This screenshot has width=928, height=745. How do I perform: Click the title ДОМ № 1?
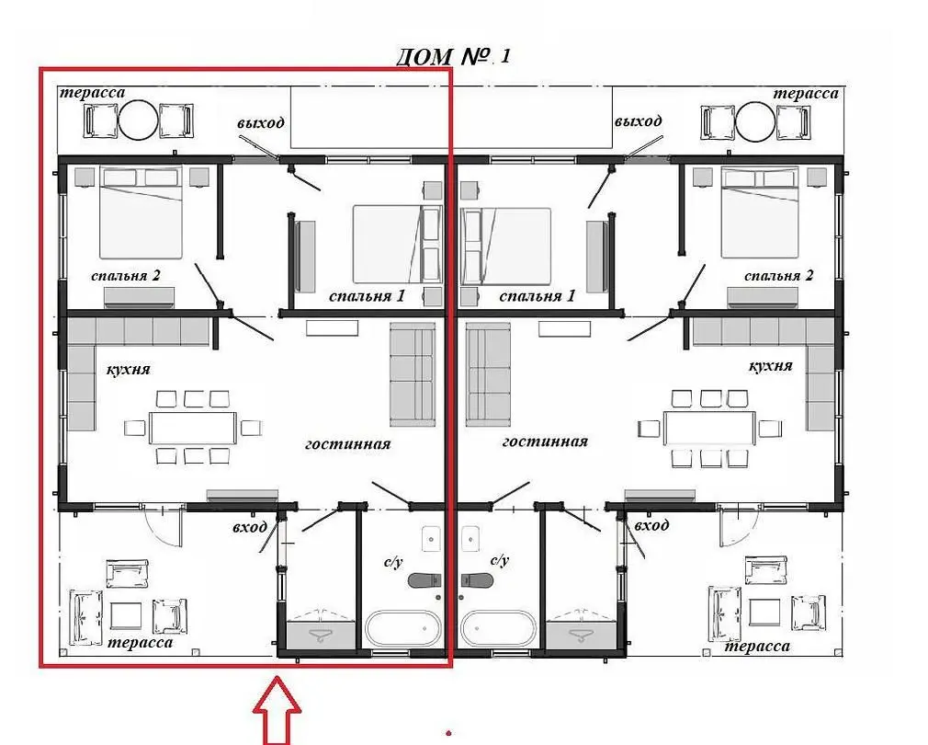452,56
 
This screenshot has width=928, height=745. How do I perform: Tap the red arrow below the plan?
277,711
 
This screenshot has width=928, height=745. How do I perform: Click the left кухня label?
128,370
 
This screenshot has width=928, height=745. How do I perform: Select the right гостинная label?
545,441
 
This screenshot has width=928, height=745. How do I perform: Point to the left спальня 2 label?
126,276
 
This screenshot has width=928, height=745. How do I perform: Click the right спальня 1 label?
537,295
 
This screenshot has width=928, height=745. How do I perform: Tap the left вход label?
250,527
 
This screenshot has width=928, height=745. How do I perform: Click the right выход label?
638,120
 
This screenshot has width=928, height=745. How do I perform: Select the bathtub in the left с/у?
402,628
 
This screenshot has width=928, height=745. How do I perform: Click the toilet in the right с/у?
477,579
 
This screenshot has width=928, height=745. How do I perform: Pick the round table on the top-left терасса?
138,120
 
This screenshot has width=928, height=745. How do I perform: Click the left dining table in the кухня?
193,428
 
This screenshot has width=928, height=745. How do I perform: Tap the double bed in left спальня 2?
141,212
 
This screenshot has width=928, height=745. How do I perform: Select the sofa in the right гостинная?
488,374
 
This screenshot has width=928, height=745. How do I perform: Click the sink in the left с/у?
430,538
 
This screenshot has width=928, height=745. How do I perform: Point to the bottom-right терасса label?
757,646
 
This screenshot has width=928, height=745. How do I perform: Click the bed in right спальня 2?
760,212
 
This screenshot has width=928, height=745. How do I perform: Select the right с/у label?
500,559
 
